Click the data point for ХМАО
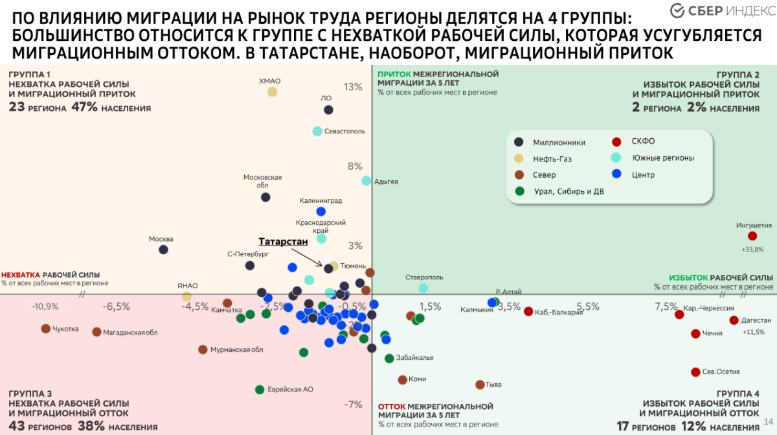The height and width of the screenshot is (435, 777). tap(273, 92)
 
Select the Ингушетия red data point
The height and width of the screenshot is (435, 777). tap(752, 237)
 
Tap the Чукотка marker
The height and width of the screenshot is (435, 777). tap(45, 329)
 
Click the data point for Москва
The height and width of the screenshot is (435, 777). tap(164, 250)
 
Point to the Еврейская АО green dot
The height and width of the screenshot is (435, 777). tap(260, 390)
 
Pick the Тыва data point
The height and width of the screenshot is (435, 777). tap(480, 384)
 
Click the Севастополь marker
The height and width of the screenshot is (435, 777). tap(317, 131)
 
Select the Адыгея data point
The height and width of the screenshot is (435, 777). tap(366, 181)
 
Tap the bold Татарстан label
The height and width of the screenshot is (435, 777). tap(283, 241)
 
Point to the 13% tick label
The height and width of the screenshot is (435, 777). tap(353, 87)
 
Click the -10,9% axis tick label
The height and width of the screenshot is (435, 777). tap(45, 307)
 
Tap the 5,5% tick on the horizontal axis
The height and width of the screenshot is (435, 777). tap(588, 307)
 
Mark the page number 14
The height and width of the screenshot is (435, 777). tap(769, 422)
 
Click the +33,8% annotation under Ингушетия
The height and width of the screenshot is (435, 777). tap(752, 249)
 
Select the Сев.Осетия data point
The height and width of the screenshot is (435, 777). tap(696, 372)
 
